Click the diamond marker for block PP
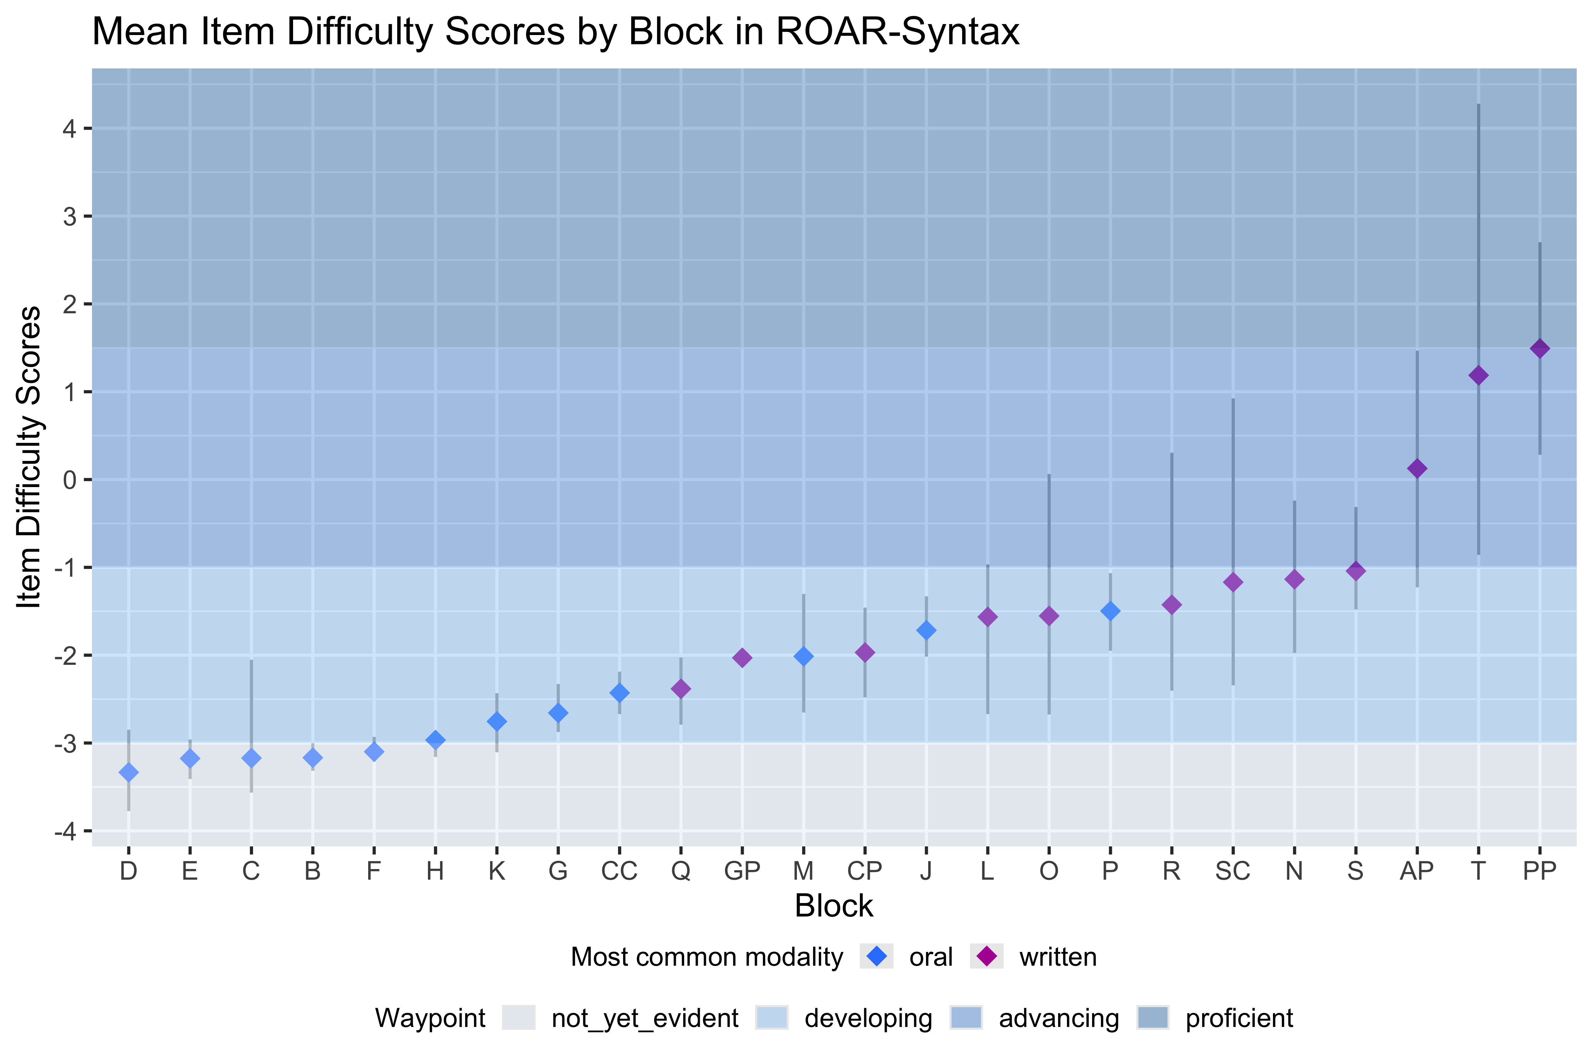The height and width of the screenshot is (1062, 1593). point(1540,349)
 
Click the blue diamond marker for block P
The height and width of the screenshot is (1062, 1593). point(1110,611)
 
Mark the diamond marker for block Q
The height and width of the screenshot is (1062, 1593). point(681,689)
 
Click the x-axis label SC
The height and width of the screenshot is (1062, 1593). point(1233,871)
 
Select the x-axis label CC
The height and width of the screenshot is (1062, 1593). point(619,871)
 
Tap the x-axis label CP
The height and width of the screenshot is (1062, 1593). point(865,871)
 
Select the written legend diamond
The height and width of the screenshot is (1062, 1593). point(987,957)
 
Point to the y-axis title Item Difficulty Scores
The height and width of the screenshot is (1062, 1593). point(30,457)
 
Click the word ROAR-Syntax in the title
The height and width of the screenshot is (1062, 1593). point(897,32)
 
